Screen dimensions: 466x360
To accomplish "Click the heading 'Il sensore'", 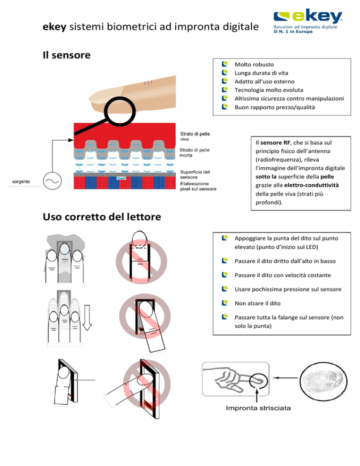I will pyautogui.click(x=66, y=56).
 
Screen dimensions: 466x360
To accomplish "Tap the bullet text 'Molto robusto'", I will pyautogui.click(x=254, y=64).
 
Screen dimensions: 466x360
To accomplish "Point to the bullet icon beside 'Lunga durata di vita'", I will pyautogui.click(x=225, y=73).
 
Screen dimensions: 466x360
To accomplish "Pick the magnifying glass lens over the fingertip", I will pyautogui.click(x=120, y=112).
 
